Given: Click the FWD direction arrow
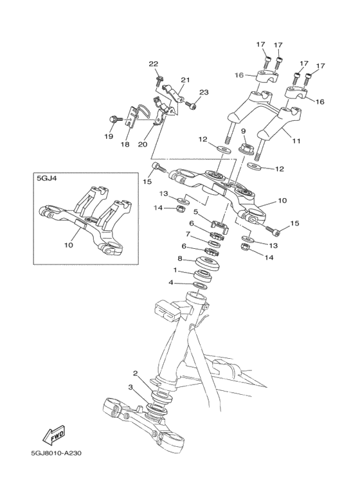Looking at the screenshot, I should coord(54,434).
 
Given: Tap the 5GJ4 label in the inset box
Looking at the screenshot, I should coord(48,181).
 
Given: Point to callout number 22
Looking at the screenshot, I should coord(153,64).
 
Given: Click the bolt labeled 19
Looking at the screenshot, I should coord(114,119).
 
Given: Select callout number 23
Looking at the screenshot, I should coord(204,93).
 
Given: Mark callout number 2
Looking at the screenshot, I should coord(136,374).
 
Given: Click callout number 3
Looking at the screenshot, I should coord(130,388).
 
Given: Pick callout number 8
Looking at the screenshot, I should coord(181,259).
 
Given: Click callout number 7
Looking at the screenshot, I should coord(188,235).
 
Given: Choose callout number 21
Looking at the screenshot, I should coord(185,80).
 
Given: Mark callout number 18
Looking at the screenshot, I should coord(125,145).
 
